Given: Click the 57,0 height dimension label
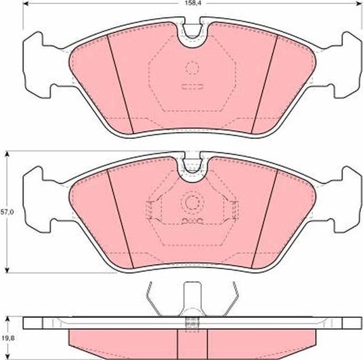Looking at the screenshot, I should tap(6, 212).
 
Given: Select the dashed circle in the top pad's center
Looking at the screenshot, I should tap(192, 68).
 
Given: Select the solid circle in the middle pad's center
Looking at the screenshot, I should tap(192, 202).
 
